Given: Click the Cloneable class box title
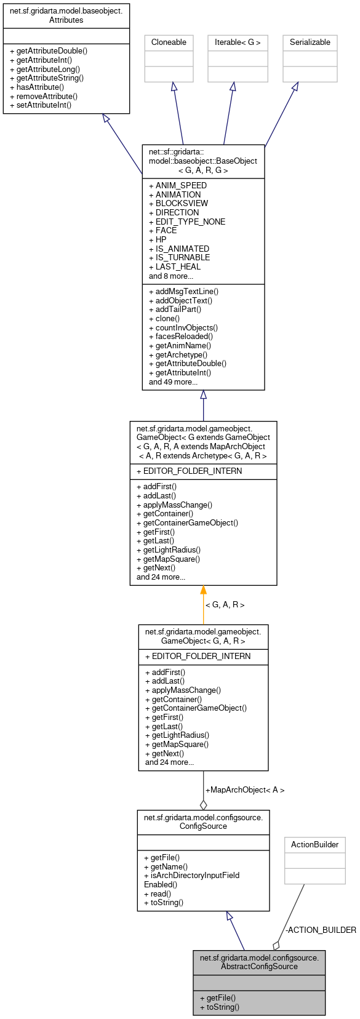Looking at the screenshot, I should pyautogui.click(x=169, y=42).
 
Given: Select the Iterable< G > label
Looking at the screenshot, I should pyautogui.click(x=238, y=42).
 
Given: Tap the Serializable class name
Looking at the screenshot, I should pyautogui.click(x=310, y=42).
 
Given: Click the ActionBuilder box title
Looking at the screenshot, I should pyautogui.click(x=314, y=845).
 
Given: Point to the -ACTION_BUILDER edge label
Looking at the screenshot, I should pyautogui.click(x=321, y=930).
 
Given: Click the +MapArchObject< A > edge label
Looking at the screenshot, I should pyautogui.click(x=245, y=789).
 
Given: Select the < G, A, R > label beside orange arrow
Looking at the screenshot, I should pyautogui.click(x=225, y=605).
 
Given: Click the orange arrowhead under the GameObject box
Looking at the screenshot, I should pyautogui.click(x=203, y=590).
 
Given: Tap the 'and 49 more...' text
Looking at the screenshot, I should pyautogui.click(x=173, y=382).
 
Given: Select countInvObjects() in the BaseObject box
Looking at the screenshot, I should pyautogui.click(x=183, y=327).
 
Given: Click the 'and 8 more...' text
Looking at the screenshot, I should pyautogui.click(x=170, y=276).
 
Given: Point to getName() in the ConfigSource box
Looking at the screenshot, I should pyautogui.click(x=166, y=866).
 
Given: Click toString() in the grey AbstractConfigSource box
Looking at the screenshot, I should pyautogui.click(x=219, y=1007).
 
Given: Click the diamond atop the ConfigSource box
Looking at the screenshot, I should pyautogui.click(x=203, y=805).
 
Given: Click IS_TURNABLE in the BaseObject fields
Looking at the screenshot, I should pyautogui.click(x=179, y=257).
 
